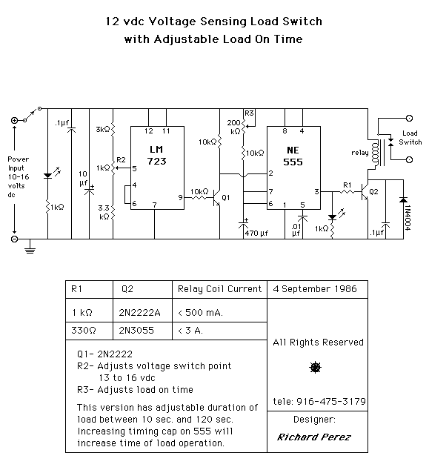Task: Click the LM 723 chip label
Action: (x=156, y=156)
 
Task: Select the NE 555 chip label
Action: (x=293, y=156)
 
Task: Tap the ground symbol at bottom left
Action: (x=30, y=248)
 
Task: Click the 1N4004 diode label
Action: (x=408, y=218)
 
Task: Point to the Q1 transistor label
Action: (x=225, y=197)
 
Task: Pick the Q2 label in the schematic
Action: (x=373, y=191)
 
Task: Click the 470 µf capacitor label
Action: (x=256, y=234)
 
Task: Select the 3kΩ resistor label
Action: (x=103, y=130)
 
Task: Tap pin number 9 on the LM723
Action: (x=180, y=197)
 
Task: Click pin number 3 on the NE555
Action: (x=316, y=191)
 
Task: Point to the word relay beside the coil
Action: (x=360, y=153)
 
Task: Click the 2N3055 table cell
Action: (x=136, y=331)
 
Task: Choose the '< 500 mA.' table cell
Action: (x=200, y=313)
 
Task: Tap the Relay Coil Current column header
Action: (x=219, y=289)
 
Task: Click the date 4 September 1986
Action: (x=315, y=289)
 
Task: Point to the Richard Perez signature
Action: (x=313, y=437)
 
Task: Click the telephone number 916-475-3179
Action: (x=331, y=401)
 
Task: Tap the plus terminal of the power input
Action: (x=14, y=121)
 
